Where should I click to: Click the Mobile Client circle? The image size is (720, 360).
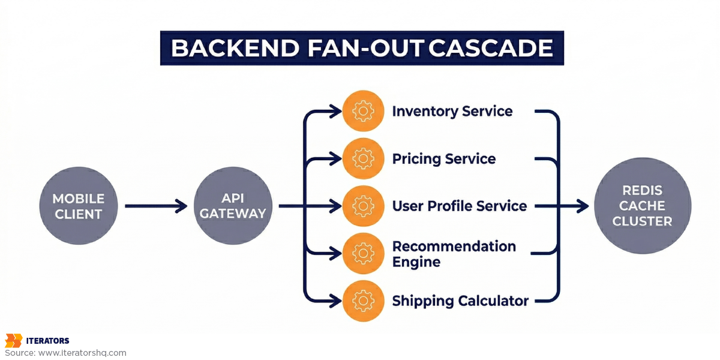coord(79,206)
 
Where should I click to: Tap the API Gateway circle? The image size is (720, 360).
coord(233,206)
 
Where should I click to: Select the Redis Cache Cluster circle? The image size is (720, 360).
coord(642,206)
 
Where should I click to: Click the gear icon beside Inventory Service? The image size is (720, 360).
coord(363,111)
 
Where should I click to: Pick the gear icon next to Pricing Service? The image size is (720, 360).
coord(363,159)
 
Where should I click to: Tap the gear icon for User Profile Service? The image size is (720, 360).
coord(363,206)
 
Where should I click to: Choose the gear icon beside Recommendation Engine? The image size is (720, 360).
coord(363,254)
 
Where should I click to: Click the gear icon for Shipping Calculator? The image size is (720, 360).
coord(363,301)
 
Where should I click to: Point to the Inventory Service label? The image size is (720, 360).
coord(452,112)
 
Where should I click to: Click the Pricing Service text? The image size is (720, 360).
coord(443,159)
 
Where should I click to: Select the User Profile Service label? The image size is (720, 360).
coord(459,206)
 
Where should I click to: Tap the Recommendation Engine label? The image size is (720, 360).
coord(454,254)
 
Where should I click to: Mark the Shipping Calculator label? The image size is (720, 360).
coord(460,301)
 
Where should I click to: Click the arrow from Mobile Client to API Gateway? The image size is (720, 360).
coord(156,206)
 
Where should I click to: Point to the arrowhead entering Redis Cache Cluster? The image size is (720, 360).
coord(582,206)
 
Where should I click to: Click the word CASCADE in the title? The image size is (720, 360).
coord(491,48)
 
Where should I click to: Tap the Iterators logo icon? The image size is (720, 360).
coord(13,341)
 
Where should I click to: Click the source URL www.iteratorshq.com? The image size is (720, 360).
coord(82,353)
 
